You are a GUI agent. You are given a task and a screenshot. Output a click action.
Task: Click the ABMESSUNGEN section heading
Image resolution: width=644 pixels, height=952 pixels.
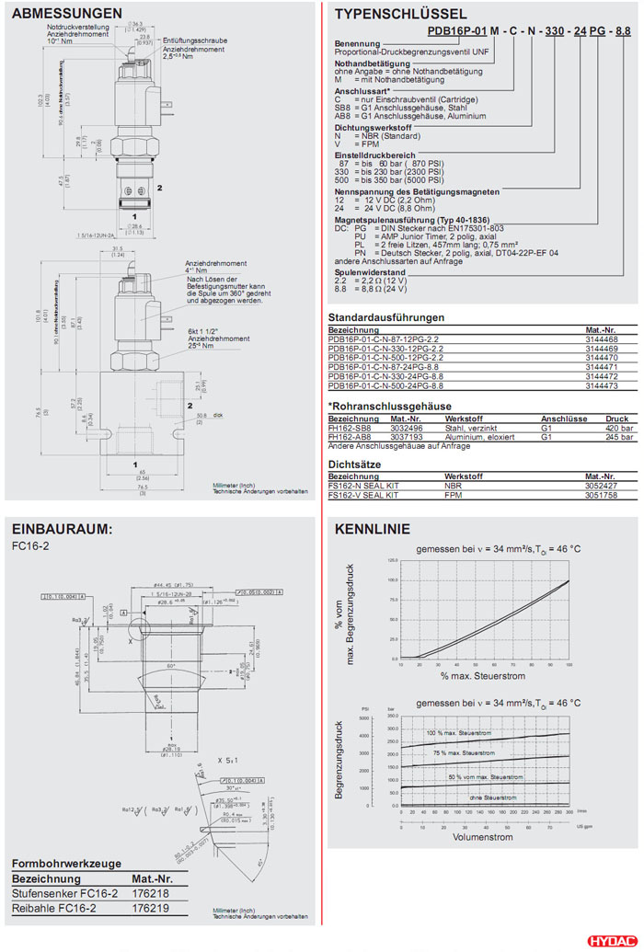(x=67, y=14)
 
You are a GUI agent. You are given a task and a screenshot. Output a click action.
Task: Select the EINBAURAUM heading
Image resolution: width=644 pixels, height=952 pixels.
(x=62, y=529)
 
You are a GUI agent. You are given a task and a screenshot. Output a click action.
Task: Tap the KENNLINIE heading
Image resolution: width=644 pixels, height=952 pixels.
(x=373, y=530)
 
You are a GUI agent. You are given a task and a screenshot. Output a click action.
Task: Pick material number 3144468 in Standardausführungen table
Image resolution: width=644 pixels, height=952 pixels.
(x=603, y=339)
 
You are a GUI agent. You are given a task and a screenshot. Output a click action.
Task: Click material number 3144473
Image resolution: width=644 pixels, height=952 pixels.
(x=603, y=386)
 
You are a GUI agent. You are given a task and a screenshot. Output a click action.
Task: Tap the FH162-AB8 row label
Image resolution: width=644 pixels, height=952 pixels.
(x=350, y=437)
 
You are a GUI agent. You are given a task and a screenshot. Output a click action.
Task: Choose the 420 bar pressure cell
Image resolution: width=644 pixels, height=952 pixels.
(x=619, y=428)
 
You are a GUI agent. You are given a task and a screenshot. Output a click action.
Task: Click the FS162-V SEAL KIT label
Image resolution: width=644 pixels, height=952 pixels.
(x=363, y=495)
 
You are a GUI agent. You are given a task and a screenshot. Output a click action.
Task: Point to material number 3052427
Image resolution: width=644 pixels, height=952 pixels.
(x=601, y=486)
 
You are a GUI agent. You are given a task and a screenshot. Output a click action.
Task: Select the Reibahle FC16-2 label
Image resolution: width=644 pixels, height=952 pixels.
(x=54, y=907)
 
